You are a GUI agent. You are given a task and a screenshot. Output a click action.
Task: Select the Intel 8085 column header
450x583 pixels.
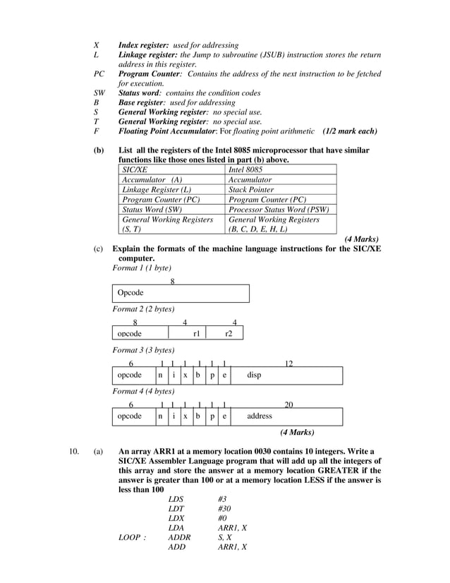coord(245,170)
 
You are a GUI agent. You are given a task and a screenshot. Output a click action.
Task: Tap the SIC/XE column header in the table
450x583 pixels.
coord(135,170)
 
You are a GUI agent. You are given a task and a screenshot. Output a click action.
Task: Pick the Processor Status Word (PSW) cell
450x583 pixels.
coord(279,210)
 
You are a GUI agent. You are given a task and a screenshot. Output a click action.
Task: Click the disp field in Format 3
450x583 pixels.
coord(254,375)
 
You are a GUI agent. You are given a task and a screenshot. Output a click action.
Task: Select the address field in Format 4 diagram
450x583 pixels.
coord(260,416)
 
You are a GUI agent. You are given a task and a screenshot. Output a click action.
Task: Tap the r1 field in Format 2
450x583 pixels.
coord(197,333)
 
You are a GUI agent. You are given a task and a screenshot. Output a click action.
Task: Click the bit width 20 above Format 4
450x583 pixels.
coord(288,405)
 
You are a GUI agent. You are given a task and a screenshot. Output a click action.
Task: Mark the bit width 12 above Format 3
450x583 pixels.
coord(288,363)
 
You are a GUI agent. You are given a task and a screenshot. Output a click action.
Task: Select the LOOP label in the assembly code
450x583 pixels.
coord(131,537)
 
